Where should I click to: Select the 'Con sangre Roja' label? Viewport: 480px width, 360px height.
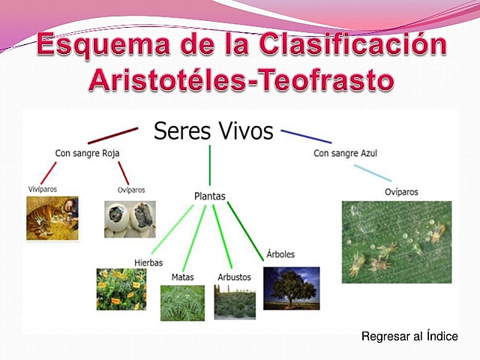(87, 154)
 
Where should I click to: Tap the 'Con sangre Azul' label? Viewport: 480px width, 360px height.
(345, 154)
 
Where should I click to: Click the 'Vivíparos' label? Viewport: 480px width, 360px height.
(43, 190)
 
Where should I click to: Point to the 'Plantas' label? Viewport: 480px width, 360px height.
(209, 196)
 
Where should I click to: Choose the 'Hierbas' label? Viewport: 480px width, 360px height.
(148, 262)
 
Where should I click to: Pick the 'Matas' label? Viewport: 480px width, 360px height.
(182, 277)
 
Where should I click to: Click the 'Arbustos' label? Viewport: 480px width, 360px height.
(234, 277)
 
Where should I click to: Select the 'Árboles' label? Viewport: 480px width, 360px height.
(280, 254)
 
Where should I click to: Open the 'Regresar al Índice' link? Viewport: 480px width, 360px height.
(409, 337)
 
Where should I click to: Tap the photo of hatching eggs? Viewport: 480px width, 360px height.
(130, 220)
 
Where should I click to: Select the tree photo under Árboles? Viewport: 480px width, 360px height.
(291, 288)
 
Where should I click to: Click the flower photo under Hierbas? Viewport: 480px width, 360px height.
(121, 289)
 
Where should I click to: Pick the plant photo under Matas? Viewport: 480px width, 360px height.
(182, 302)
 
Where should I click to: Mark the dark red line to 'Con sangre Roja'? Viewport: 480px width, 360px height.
(112, 136)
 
